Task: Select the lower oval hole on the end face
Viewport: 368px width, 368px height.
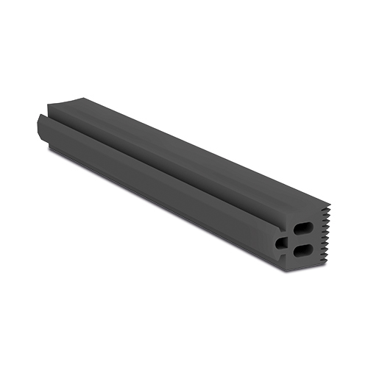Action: pos(303,251)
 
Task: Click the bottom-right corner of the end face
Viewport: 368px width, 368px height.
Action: pos(328,263)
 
